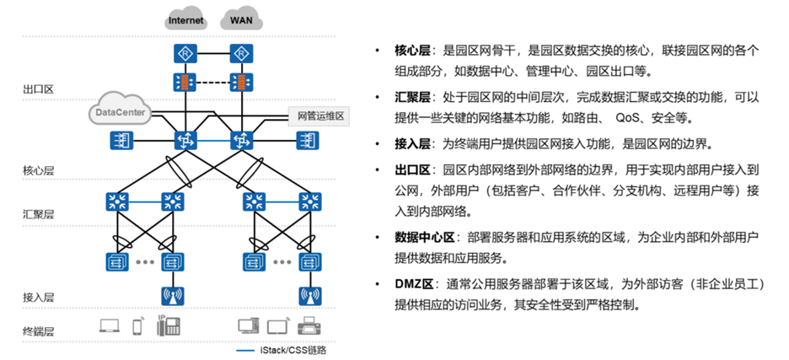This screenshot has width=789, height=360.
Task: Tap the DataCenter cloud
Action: tap(119, 111)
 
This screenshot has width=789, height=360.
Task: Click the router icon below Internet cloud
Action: tap(185, 54)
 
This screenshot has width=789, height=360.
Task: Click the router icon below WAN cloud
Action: tap(241, 54)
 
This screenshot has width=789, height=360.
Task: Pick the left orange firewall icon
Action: tap(185, 83)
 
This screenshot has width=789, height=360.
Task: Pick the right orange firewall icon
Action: tap(241, 83)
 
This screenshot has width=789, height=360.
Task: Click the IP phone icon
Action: tap(164, 325)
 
